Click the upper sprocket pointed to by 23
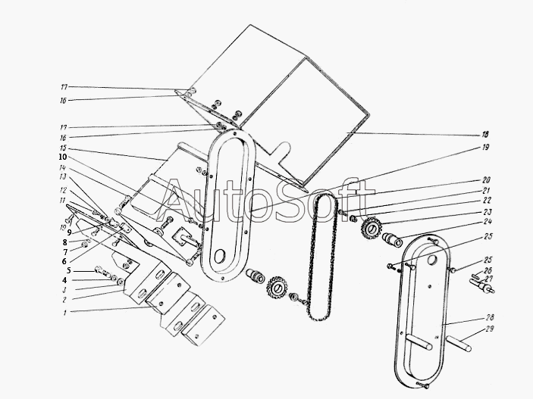[x=372, y=227]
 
